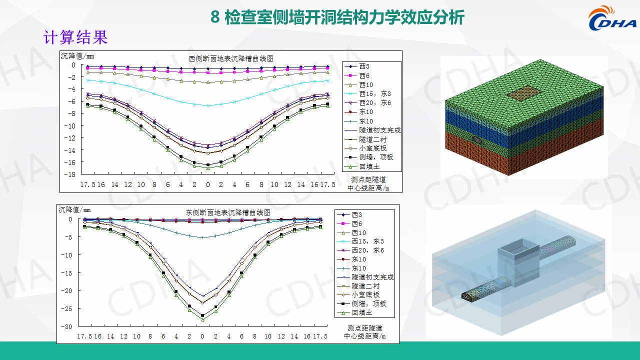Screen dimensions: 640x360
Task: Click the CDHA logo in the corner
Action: pos(611,18)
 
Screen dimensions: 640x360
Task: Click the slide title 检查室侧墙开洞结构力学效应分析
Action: pos(344,17)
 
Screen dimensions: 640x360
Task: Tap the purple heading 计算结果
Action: pos(75,37)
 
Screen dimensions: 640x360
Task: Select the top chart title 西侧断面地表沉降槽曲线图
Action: pos(231,58)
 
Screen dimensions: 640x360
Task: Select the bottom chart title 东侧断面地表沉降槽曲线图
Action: pos(228,212)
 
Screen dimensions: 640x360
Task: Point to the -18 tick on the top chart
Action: pos(70,174)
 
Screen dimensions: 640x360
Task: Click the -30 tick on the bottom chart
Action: pos(67,326)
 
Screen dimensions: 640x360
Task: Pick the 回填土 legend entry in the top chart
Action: pos(362,166)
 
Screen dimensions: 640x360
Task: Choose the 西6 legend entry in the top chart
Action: pos(357,75)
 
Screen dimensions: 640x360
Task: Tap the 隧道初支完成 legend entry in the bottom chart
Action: pos(365,277)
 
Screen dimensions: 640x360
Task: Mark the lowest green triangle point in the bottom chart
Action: pos(203,319)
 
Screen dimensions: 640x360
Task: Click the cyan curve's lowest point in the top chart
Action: pos(208,105)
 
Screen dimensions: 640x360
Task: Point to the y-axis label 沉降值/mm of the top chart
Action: pos(77,56)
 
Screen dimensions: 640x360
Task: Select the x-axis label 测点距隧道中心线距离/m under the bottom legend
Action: pos(365,332)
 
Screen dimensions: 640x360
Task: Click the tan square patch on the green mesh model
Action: pos(524,93)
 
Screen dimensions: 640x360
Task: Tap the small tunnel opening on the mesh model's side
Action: pos(477,139)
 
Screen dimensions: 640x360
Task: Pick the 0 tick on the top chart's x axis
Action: pos(207,185)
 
